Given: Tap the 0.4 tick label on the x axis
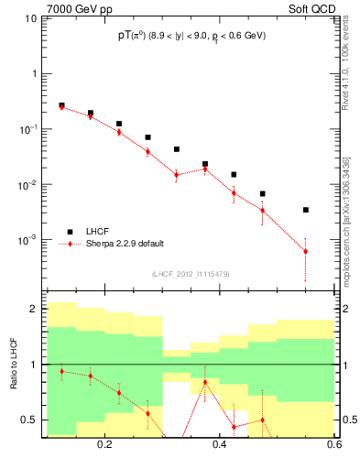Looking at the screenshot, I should point(220,444).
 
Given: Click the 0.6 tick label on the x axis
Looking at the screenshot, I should point(331,444).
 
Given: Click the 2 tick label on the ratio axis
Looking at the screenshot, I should point(34,309).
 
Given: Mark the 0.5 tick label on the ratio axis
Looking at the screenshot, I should point(30,420).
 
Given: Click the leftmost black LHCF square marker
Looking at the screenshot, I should point(61,105).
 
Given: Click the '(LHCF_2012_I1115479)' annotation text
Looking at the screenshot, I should point(191,273).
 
